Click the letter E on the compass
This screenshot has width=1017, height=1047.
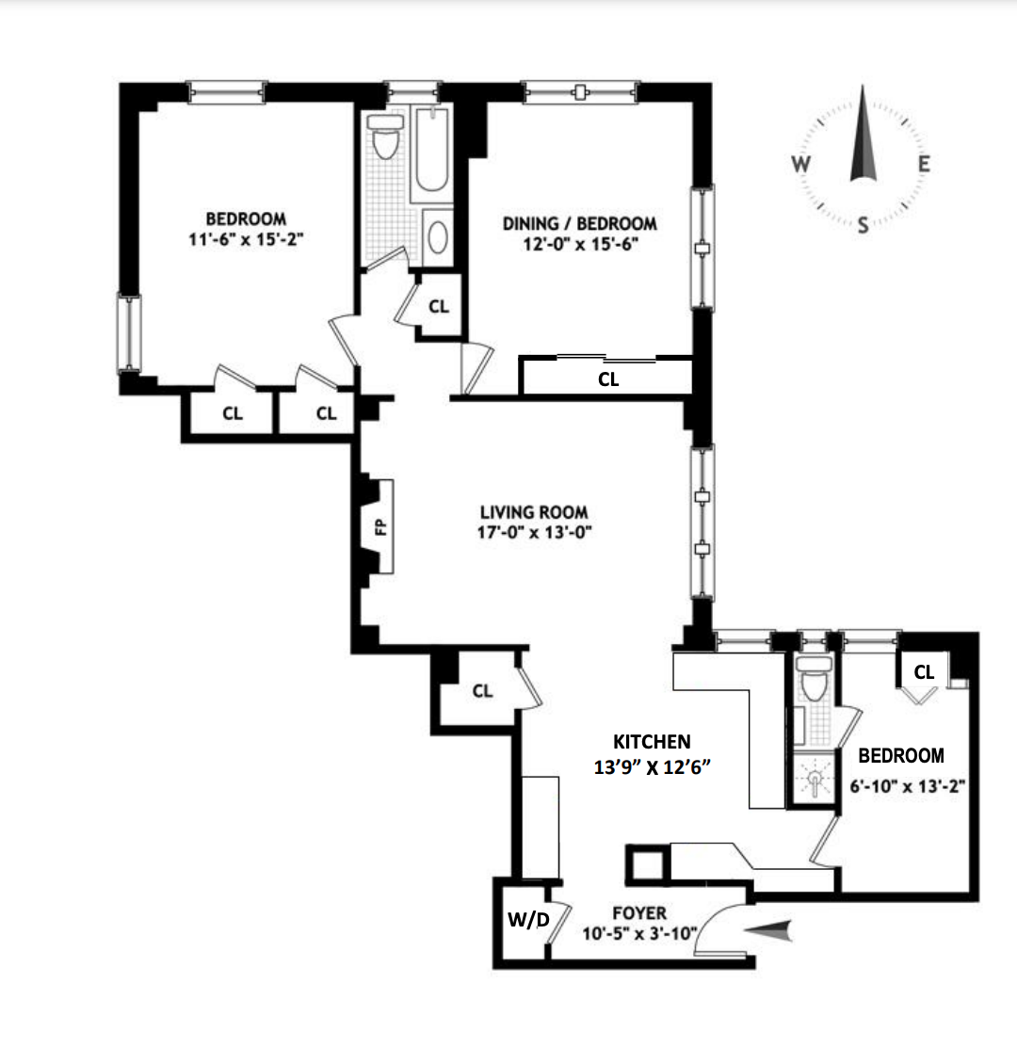[924, 164]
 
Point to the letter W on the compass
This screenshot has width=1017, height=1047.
[800, 164]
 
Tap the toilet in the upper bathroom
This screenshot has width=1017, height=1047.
[384, 139]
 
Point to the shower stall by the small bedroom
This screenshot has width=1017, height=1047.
[811, 781]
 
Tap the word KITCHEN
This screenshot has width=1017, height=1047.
[652, 741]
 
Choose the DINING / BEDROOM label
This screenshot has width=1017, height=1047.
[579, 223]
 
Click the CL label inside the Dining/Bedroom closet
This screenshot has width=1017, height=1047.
[608, 379]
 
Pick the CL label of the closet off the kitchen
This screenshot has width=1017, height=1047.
[482, 691]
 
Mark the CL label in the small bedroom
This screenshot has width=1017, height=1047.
[924, 672]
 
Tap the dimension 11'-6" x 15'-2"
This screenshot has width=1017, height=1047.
[248, 239]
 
